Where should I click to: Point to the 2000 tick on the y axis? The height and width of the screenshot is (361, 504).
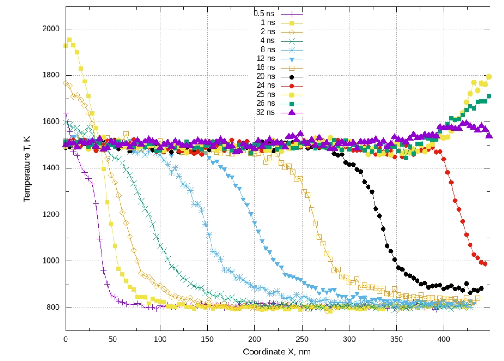[x=52, y=29]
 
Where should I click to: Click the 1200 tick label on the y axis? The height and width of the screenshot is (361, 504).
[x=52, y=215]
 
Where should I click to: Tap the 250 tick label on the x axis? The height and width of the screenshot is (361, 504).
[x=302, y=339]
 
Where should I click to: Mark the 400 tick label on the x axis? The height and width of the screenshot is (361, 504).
[x=444, y=339]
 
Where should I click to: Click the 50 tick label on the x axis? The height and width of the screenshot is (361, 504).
[x=113, y=339]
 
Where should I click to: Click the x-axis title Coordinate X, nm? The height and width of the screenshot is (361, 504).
[x=277, y=352]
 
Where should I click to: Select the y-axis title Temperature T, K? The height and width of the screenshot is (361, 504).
[x=27, y=168]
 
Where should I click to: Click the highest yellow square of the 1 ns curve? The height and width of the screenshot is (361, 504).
[x=69, y=40]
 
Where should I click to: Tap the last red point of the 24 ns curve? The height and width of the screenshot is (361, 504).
[x=485, y=264]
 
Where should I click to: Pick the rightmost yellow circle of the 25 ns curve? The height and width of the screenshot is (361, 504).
[x=489, y=77]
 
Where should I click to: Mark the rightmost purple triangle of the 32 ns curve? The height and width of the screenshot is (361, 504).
[x=489, y=135]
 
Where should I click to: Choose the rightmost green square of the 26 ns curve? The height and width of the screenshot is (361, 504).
[x=489, y=96]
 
